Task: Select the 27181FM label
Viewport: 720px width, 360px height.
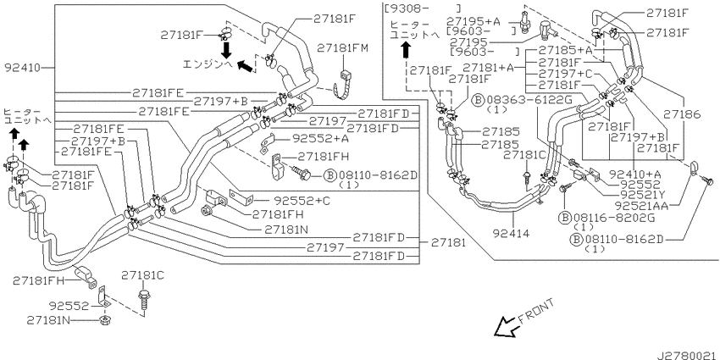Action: tap(341, 48)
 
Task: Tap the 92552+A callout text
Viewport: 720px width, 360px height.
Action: tap(320, 137)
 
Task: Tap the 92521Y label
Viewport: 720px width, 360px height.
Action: tap(636, 193)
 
